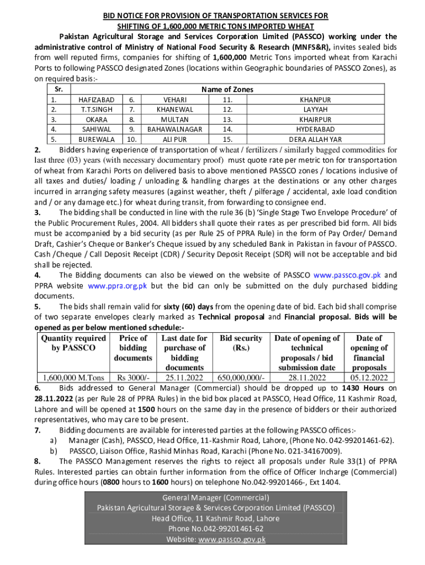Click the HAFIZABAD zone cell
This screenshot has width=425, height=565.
coord(97,100)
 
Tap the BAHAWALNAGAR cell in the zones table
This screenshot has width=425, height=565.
coord(175,130)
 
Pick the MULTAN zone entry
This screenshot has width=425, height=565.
coord(175,120)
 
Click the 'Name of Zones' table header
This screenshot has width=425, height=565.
coord(227,89)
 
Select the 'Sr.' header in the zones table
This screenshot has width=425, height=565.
coord(55,89)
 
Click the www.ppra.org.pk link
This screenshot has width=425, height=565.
coord(118,286)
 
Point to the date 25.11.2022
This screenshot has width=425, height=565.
coord(184,378)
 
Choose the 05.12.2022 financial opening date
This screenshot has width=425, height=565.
coord(369,378)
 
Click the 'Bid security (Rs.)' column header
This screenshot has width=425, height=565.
coord(241,343)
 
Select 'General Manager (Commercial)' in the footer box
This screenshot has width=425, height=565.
coord(216,497)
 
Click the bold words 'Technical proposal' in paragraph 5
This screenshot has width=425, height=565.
coord(231,317)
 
